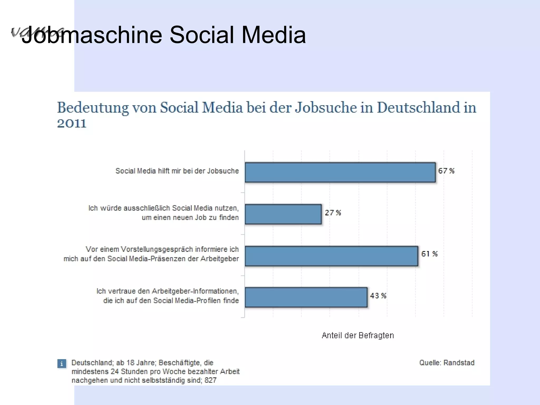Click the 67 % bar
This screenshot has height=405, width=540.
pyautogui.click(x=340, y=172)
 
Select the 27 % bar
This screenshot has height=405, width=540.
pyautogui.click(x=283, y=214)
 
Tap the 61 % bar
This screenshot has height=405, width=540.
pyautogui.click(x=331, y=256)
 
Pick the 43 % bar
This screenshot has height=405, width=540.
pyautogui.click(x=306, y=297)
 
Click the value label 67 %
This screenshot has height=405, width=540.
pyautogui.click(x=446, y=171)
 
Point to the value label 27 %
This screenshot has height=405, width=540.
pyautogui.click(x=333, y=213)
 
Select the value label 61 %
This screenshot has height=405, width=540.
pyautogui.click(x=429, y=254)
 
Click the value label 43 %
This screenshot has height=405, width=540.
pyautogui.click(x=378, y=296)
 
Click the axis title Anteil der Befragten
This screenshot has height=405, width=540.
pyautogui.click(x=358, y=335)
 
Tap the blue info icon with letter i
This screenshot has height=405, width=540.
pyautogui.click(x=62, y=364)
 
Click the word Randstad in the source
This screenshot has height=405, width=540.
pyautogui.click(x=459, y=363)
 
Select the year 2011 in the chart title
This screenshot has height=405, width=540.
pyautogui.click(x=72, y=123)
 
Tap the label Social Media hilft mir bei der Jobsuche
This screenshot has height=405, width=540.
pyautogui.click(x=177, y=171)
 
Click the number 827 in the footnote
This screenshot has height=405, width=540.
pyautogui.click(x=210, y=380)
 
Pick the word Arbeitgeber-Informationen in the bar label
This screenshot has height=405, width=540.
pyautogui.click(x=195, y=291)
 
